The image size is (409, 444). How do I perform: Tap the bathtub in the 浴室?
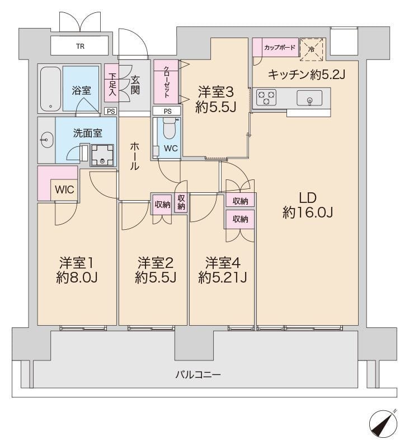pos(50,89)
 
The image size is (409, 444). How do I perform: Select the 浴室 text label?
pos(81,90)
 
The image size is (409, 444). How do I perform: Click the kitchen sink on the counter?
pos(309,98)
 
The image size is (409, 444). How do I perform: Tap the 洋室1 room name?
pos(77,262)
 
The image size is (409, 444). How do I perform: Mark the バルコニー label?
pos(198,374)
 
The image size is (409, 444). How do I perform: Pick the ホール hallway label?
pos(135,156)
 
